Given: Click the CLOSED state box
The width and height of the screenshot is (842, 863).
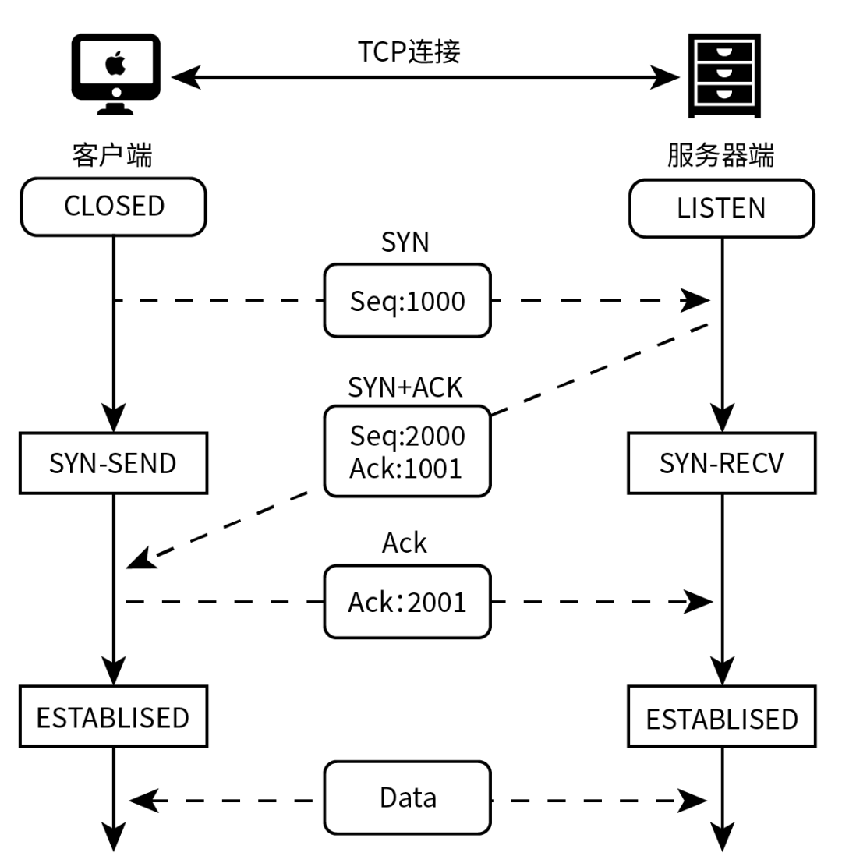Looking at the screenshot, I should point(114,207).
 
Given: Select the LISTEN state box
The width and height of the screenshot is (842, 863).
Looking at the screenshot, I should point(721,207).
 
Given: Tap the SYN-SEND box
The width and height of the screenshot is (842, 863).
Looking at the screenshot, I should point(113,463).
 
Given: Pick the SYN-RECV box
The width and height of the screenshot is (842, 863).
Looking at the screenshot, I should point(721,463).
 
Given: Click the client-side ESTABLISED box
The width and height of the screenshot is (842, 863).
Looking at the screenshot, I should point(113,716).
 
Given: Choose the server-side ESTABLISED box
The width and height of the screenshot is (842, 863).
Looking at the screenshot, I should point(721,717).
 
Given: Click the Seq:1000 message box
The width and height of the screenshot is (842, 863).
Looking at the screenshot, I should point(407,301).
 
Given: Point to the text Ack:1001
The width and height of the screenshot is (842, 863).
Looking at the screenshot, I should point(407,468).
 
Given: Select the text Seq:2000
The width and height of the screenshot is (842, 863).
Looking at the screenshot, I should point(407,436).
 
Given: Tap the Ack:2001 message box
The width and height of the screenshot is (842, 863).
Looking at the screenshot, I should point(407,602).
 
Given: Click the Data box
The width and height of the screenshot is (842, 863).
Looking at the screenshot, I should point(407,798).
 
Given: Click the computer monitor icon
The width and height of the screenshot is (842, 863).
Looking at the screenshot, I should point(115,73).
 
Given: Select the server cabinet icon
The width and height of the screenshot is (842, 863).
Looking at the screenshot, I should point(725,75).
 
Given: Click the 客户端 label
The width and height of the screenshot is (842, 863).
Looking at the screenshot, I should point(112,156).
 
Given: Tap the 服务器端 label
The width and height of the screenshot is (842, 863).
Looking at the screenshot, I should point(721,156).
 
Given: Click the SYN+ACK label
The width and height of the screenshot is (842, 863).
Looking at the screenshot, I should point(405,387).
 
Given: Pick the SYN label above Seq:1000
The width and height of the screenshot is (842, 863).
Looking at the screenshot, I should point(405,242).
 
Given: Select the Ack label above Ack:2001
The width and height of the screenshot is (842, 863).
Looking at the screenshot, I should point(405,543).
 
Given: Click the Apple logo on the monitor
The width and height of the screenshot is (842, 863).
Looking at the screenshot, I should point(115,61).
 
